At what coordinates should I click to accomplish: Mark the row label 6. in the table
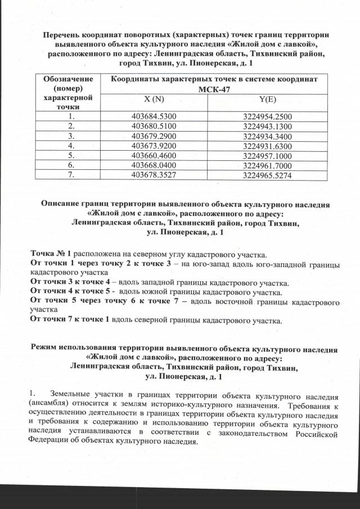pos(71,165)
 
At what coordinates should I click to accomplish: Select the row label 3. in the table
pos(71,136)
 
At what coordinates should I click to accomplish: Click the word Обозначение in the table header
pos(70,79)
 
